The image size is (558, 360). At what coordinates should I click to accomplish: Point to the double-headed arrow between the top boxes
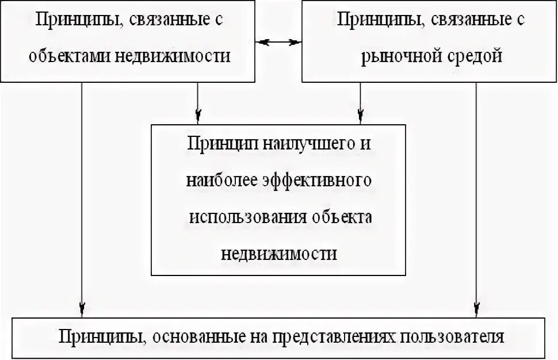(279, 42)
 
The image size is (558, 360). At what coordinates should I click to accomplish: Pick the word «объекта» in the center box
(342, 217)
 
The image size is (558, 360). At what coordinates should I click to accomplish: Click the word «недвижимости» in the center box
(279, 254)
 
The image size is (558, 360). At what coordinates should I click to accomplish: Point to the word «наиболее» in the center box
(220, 181)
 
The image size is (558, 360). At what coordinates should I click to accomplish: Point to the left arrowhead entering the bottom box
(82, 309)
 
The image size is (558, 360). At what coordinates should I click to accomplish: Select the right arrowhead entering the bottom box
(476, 309)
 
